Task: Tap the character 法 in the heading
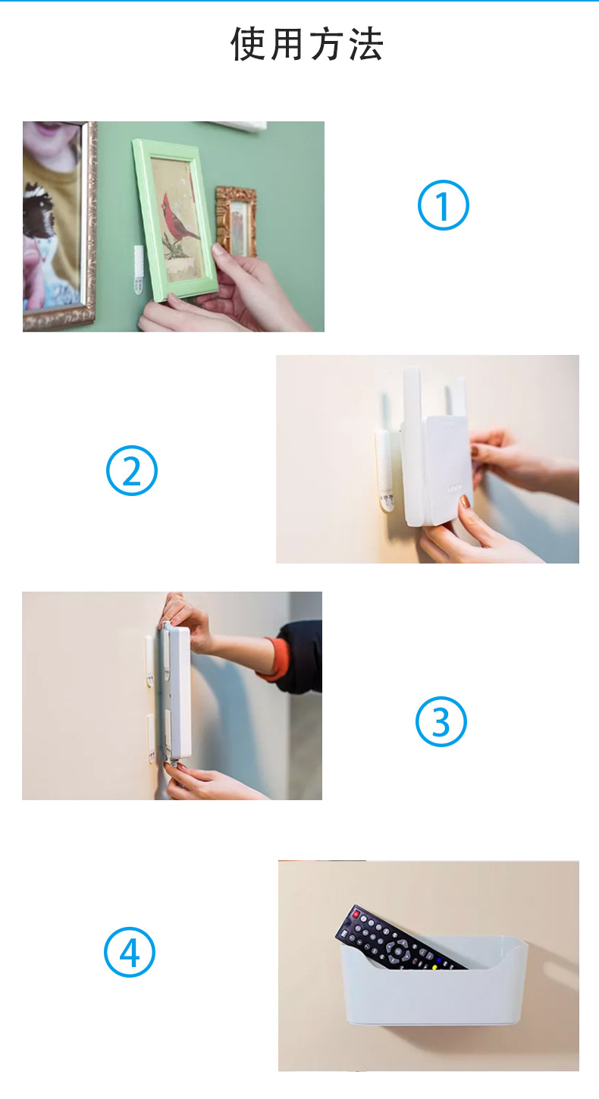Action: pyautogui.click(x=366, y=44)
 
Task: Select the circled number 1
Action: pyautogui.click(x=443, y=205)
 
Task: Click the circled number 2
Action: pyautogui.click(x=131, y=470)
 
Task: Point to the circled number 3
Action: pyautogui.click(x=441, y=721)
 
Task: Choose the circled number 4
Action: pyautogui.click(x=130, y=953)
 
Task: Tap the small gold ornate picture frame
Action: pyautogui.click(x=237, y=221)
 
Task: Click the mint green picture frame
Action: pyautogui.click(x=174, y=220)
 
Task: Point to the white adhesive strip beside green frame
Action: pyautogui.click(x=139, y=269)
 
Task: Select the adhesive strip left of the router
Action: pyautogui.click(x=384, y=471)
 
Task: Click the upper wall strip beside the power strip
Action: pyautogui.click(x=149, y=661)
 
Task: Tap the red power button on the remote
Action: pyautogui.click(x=356, y=914)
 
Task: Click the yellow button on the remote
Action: pyautogui.click(x=434, y=968)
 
